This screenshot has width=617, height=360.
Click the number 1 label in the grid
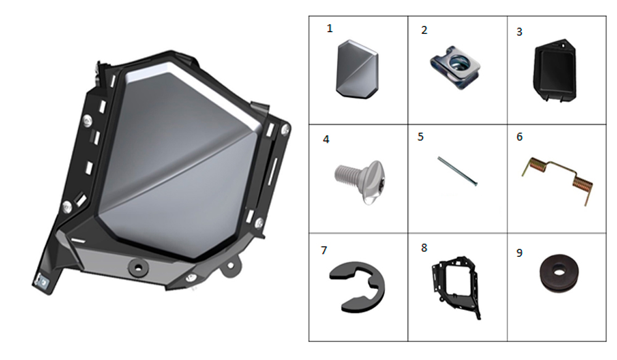pos(329,28)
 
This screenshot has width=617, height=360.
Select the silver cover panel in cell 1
pos(357,69)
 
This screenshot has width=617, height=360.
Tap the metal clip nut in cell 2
pos(455,67)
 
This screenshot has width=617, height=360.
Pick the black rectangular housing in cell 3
pos(555,70)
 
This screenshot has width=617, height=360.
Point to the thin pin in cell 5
pos(458,171)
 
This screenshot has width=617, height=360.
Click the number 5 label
pos(421,137)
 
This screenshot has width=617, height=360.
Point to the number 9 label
pos(520,253)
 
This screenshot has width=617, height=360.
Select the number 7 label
pos(324,251)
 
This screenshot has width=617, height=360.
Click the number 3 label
pos(520,32)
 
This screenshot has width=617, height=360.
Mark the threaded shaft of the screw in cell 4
pos(346,175)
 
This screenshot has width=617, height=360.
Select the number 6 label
pos(520,137)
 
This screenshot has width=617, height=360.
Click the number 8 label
pos(424,248)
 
